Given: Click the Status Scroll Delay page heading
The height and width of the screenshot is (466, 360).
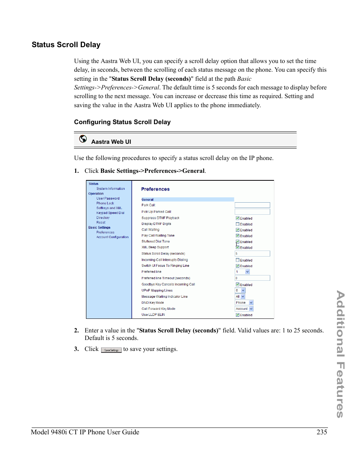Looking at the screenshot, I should [66, 45].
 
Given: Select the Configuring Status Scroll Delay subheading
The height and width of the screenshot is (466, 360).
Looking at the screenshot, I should [122, 122].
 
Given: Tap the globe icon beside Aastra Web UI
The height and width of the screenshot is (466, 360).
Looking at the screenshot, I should [83, 139].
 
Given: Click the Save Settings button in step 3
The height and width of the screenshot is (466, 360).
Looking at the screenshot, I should [111, 350].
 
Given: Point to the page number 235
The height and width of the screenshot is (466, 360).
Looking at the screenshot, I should [322, 432].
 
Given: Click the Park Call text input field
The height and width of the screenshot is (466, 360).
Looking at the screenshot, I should [252, 205].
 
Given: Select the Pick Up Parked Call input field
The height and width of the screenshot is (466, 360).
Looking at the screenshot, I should [252, 212].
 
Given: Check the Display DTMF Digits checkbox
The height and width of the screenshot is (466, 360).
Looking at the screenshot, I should [237, 224].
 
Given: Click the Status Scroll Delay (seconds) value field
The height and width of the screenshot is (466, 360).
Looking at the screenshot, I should [252, 254].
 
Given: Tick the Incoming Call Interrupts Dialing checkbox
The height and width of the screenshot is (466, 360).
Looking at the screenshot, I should [237, 260].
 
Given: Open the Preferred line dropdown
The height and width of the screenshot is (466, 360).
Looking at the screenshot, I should [242, 272].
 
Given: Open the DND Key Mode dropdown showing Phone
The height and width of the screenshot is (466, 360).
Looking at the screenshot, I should [244, 303].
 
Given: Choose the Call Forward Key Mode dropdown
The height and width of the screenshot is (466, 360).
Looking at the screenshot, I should [244, 309].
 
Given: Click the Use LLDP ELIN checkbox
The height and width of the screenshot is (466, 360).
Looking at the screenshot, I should [237, 315].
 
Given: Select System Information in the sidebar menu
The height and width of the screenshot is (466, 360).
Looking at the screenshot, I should [110, 189].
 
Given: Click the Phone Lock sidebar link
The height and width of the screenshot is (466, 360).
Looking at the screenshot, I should [105, 203].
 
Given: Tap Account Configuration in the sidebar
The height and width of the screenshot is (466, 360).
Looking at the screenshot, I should [112, 237].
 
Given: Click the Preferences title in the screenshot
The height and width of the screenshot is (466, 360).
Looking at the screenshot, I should [155, 189].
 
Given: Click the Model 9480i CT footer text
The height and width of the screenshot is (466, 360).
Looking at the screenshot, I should [85, 432].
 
